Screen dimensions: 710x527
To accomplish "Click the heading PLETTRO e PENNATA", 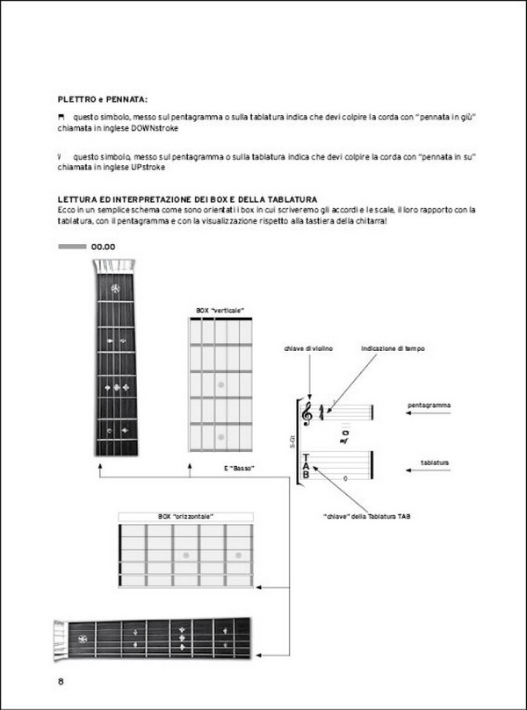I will pyautogui.click(x=102, y=100).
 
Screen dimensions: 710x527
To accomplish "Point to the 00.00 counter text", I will pyautogui.click(x=104, y=247).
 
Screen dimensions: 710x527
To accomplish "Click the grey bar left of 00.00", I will pyautogui.click(x=71, y=247).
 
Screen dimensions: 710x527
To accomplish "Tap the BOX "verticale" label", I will pyautogui.click(x=220, y=311).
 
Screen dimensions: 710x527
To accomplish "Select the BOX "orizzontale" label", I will pyautogui.click(x=185, y=517).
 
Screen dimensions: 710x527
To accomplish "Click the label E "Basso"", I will pyautogui.click(x=239, y=468).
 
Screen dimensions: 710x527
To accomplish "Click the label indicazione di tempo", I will pyautogui.click(x=393, y=348).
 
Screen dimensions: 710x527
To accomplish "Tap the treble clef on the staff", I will pyautogui.click(x=307, y=412).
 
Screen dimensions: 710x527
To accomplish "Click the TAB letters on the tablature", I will pyautogui.click(x=306, y=466).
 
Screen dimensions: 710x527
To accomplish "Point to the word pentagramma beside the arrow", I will pyautogui.click(x=430, y=405).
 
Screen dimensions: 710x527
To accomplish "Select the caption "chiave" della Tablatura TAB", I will pyautogui.click(x=366, y=515).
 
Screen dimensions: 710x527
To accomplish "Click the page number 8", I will pyautogui.click(x=61, y=682).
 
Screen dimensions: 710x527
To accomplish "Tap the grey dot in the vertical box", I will pyautogui.click(x=221, y=385).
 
